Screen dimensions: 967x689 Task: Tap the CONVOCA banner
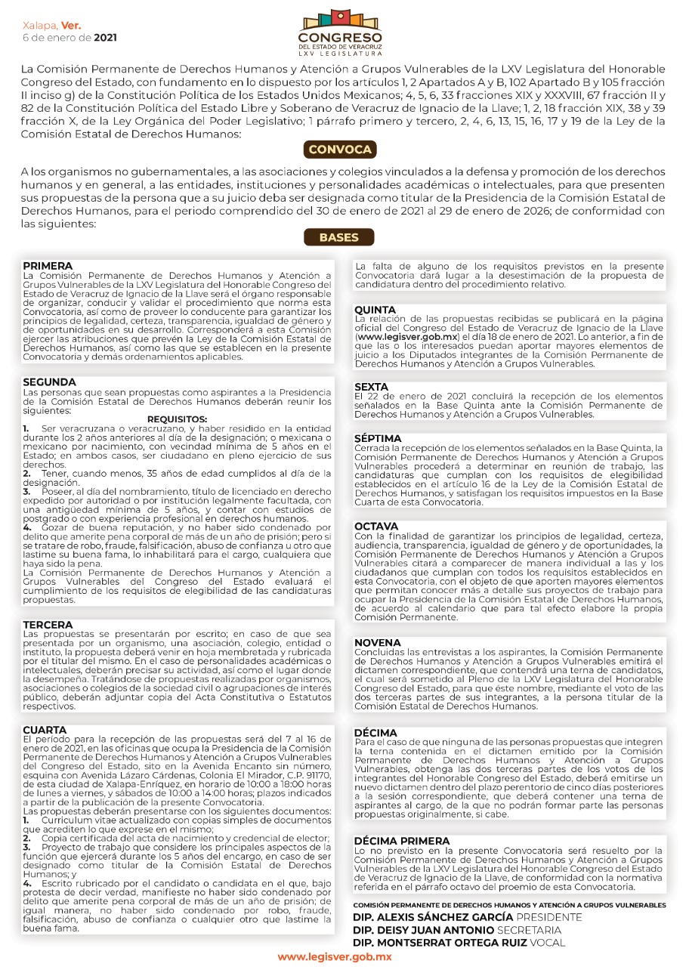[x=339, y=150]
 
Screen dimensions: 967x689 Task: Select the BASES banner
[x=339, y=237]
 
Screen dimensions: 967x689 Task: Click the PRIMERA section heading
[x=48, y=267]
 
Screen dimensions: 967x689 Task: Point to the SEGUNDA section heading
[x=50, y=382]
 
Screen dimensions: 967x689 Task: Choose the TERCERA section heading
[x=48, y=626]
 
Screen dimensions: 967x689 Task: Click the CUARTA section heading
[x=45, y=730]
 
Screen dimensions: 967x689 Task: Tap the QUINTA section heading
[x=375, y=310]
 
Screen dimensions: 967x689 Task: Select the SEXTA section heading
[x=372, y=388]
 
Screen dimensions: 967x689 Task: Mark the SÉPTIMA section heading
[x=378, y=439]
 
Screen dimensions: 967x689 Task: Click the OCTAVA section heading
[x=376, y=526]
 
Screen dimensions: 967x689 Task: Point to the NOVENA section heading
[x=377, y=643]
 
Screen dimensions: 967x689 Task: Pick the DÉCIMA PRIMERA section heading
[x=402, y=841]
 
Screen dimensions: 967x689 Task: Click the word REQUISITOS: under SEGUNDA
[x=177, y=419]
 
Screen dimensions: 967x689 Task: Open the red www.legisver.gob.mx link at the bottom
[x=335, y=957]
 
